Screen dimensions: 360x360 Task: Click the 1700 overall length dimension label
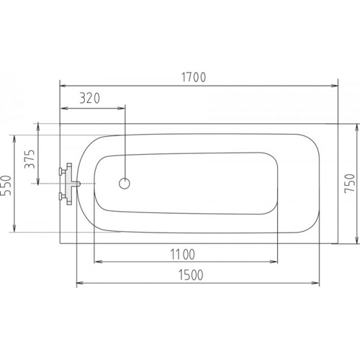(x=194, y=77)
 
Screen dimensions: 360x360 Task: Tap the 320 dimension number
(x=89, y=99)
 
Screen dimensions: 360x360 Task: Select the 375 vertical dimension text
(x=30, y=159)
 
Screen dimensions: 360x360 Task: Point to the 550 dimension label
(x=6, y=185)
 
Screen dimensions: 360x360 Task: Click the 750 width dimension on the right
(x=349, y=183)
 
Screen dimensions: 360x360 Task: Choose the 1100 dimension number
(x=182, y=254)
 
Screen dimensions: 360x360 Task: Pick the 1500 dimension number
(x=191, y=275)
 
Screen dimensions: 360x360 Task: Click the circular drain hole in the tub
(x=125, y=184)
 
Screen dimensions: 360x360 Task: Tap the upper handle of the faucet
(x=63, y=171)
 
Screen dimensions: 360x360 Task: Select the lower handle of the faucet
(x=63, y=197)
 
